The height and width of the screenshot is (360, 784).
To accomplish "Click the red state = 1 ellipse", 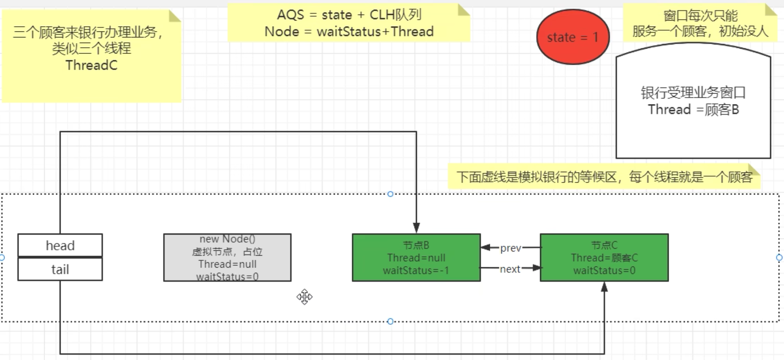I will pos(573,37).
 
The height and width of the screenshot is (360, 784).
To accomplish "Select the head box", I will pos(60,245).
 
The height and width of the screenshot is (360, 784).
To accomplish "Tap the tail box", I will pos(60,269).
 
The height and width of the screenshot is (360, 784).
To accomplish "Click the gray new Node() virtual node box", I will pos(227,257).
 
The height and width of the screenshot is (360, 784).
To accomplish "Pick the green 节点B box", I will pos(416,257).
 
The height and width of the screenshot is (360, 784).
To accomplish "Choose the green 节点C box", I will pos(604,257).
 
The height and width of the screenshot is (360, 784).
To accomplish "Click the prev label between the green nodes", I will pos(510,248).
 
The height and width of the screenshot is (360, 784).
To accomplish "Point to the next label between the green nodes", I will pos(510,269).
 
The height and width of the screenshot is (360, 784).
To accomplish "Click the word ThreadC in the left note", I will pos(91,65).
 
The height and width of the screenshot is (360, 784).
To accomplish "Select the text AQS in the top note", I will pos(290,15).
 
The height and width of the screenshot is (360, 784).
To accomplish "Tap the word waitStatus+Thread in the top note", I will pos(375,32).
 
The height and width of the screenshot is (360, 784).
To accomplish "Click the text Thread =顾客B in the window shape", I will pos(693,110).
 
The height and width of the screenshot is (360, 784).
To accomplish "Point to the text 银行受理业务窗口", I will pos(693,92).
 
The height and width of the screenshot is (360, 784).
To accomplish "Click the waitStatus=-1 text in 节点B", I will pos(416,271).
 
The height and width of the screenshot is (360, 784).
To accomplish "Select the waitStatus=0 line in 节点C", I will pos(604,271).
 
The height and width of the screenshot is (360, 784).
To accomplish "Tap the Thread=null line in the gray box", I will pos(227,264).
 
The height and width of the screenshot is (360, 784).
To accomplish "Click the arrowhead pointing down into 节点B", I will pos(416,228).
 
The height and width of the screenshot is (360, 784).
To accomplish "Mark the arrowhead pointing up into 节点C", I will pos(604,287).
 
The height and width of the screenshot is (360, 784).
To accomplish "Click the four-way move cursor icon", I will pos(304,297).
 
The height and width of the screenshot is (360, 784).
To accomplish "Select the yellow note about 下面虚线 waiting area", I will pos(604,177).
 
